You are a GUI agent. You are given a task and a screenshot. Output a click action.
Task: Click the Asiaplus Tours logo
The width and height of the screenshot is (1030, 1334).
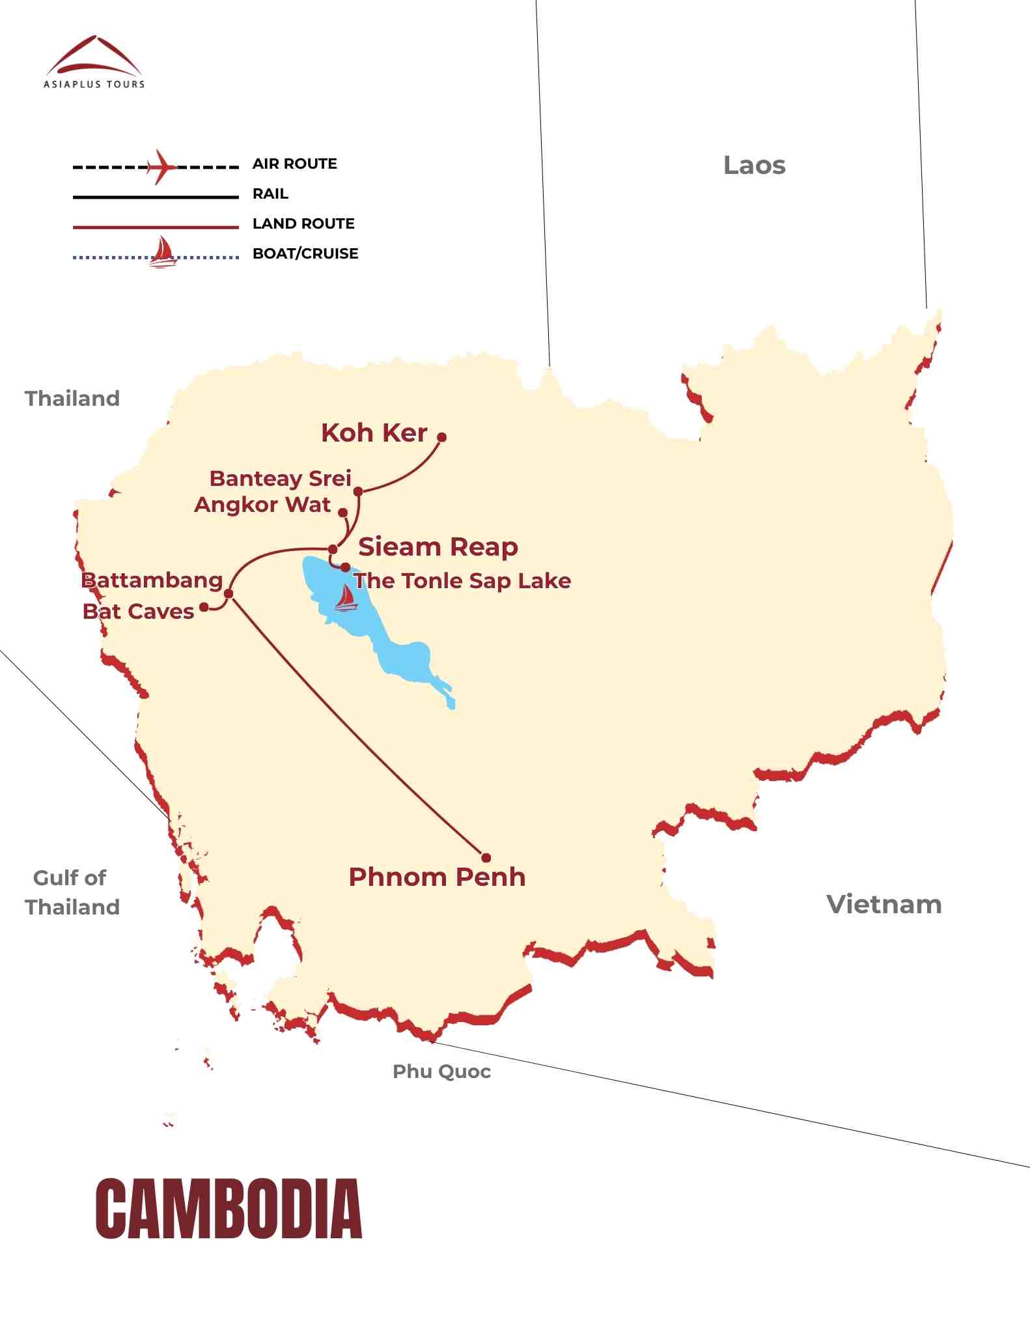[x=94, y=62]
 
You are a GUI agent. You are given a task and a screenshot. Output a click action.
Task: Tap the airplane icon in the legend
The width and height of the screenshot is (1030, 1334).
[x=161, y=167]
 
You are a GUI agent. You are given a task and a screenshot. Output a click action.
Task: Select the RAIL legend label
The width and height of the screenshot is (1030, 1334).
[x=270, y=193]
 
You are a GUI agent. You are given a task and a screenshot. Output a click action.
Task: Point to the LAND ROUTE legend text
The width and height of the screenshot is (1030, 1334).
[x=303, y=223]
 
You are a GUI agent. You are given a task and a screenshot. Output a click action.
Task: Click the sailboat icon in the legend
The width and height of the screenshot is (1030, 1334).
[x=163, y=253]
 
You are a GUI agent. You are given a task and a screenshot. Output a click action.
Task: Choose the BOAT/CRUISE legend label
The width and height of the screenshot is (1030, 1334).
[x=305, y=253]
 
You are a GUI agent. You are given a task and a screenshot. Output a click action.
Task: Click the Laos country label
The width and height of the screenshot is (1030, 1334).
[x=754, y=165]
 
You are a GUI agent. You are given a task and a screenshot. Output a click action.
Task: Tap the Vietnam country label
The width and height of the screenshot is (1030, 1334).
[x=884, y=904]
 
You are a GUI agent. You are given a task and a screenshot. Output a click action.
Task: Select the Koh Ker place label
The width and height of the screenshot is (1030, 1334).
[x=374, y=433]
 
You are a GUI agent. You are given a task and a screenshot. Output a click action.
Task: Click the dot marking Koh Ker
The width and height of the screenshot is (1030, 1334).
[x=441, y=437]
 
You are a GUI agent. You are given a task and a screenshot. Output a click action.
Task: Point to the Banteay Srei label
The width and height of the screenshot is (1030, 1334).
[x=280, y=478]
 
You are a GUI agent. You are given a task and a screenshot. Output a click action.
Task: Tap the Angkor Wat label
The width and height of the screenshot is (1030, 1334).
[x=262, y=505]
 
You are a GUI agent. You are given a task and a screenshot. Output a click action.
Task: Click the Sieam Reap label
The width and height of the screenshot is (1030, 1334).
[x=438, y=546]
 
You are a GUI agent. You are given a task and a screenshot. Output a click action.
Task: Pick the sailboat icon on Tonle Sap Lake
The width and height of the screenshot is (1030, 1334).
[x=346, y=598]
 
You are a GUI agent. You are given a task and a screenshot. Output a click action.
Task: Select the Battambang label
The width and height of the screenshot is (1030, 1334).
[x=152, y=580]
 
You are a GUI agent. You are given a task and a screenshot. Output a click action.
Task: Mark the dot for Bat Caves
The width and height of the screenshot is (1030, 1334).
[x=204, y=607]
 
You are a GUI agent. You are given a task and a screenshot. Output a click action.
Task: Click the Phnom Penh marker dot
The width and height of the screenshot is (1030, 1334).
[x=486, y=858]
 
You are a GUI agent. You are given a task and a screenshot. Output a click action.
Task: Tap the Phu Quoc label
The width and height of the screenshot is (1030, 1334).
[x=441, y=1071]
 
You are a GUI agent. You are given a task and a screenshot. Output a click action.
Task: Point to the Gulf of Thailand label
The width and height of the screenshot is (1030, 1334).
[x=72, y=892]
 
